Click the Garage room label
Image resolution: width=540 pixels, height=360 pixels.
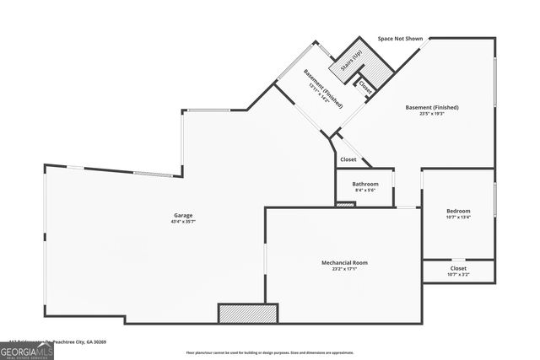pos(183,215)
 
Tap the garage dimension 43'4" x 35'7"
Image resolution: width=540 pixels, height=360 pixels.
pos(183,222)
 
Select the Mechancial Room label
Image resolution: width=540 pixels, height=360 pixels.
pos(344,262)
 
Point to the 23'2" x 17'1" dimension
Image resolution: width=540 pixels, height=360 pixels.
pos(344,269)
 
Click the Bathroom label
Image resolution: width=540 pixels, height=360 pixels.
pos(365,184)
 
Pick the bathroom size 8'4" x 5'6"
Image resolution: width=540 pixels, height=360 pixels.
pos(365,191)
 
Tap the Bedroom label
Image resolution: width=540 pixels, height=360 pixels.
pos(458,210)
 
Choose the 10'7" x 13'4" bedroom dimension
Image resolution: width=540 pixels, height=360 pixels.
pos(458,217)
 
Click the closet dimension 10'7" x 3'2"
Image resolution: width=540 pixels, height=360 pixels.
pos(458,274)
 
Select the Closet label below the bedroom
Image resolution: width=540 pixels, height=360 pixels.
pos(458,267)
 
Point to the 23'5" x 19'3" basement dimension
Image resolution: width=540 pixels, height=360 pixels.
pos(431,114)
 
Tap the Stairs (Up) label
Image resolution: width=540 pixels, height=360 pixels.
pos(350,60)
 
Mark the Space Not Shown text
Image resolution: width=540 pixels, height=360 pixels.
pos(400,39)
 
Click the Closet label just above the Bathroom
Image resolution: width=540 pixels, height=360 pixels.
pos(348,159)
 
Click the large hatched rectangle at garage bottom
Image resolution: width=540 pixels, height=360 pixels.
pos(248,314)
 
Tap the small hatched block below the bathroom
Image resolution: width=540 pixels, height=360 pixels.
pos(346,204)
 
